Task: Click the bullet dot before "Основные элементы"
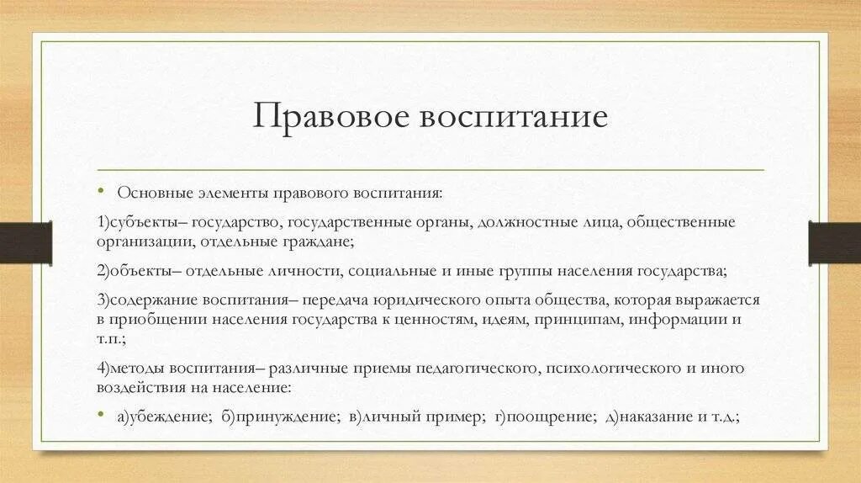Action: point(100,192)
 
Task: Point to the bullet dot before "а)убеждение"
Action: point(100,415)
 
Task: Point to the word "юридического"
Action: point(446,301)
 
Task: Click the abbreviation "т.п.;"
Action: point(112,337)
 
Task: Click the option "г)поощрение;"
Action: point(546,416)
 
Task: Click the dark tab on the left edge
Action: point(26,241)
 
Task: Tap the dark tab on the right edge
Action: point(834,241)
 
